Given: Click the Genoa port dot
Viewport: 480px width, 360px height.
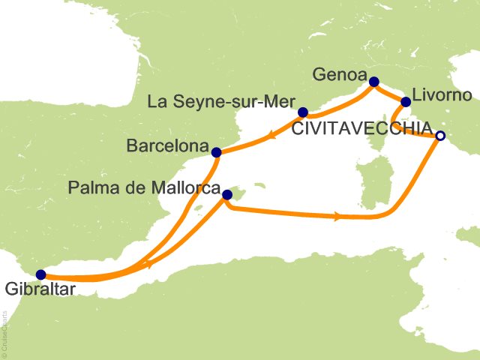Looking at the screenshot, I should coord(373,82).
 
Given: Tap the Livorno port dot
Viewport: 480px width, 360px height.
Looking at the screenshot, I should coord(406,102).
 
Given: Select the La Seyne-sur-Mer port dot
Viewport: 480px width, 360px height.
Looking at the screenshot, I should coord(303,113).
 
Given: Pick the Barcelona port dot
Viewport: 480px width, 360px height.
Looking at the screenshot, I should coord(217,152).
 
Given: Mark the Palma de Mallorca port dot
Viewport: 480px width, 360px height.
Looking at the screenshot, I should coord(227,196).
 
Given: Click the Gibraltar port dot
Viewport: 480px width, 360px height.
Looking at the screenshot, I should coord(40,274).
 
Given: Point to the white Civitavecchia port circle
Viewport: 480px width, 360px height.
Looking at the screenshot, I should coord(440,136).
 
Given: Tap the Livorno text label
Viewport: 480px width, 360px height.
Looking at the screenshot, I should coord(442,96).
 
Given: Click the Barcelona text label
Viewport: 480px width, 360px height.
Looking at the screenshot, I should coord(167,146).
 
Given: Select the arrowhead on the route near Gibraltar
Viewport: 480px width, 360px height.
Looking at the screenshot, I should coord(148,265).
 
